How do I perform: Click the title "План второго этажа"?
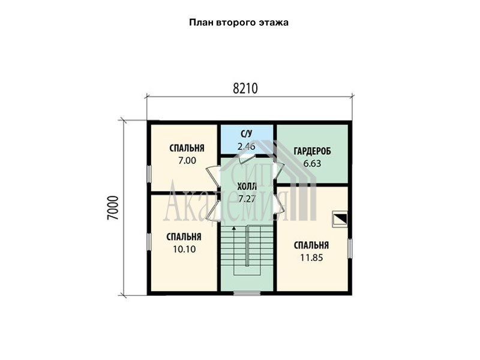(x=239, y=23)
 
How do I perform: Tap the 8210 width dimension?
(x=245, y=88)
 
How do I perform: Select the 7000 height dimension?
(x=113, y=208)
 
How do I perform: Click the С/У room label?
(x=247, y=134)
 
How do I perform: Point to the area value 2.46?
(x=247, y=146)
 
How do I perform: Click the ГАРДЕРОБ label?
(x=312, y=151)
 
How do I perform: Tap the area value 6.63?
(x=312, y=163)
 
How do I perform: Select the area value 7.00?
(x=187, y=160)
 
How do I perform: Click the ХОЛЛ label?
(x=247, y=187)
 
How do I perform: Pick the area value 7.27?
(x=247, y=199)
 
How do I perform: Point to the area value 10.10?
(x=184, y=249)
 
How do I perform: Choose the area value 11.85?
(x=311, y=258)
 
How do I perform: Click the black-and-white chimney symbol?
(x=340, y=219)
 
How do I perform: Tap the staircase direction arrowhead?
(x=234, y=228)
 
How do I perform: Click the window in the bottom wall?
(x=247, y=293)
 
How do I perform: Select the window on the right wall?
(x=350, y=248)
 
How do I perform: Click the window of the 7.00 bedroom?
(x=149, y=174)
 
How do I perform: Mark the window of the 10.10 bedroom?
(x=149, y=243)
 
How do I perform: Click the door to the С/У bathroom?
(x=247, y=158)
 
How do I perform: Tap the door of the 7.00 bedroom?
(x=214, y=176)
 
